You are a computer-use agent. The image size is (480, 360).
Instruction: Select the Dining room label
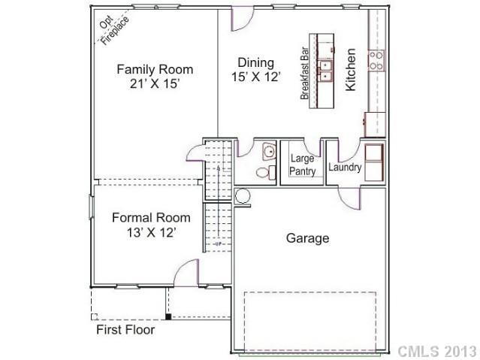[x=255, y=62]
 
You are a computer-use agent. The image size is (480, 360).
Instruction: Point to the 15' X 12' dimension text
[x=255, y=77]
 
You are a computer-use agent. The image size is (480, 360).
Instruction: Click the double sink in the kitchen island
[x=325, y=70]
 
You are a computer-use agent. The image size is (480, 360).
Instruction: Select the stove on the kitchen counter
[x=376, y=59]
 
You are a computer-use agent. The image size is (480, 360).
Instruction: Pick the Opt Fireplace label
[x=114, y=29]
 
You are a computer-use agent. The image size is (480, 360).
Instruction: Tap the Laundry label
[x=345, y=167]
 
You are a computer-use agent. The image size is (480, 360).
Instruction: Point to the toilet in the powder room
[x=263, y=172]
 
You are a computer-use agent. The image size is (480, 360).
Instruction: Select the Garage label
[x=307, y=238]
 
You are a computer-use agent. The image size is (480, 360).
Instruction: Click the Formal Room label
[x=151, y=217]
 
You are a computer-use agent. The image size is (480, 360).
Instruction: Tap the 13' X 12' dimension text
[x=151, y=233]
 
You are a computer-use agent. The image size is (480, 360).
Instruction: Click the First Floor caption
[x=125, y=330]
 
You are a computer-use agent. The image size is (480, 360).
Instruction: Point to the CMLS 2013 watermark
[x=436, y=351]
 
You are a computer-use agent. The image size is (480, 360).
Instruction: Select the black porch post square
[x=168, y=316]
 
